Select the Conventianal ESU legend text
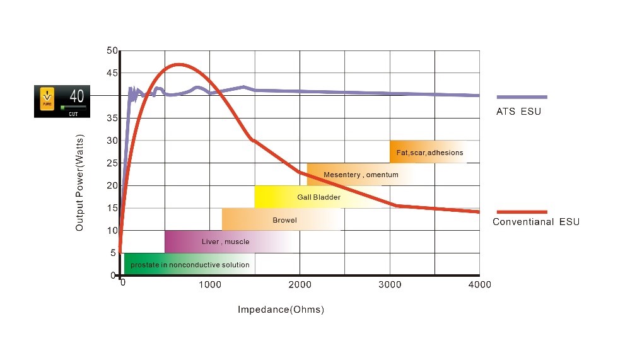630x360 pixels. coord(535,222)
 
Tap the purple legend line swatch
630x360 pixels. coord(522,97)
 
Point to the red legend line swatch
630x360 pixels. coord(522,212)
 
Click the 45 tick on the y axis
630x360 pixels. coord(112,73)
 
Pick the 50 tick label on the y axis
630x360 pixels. coord(112,50)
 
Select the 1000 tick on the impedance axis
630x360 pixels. coord(209,285)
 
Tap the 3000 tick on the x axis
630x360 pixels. coord(390,285)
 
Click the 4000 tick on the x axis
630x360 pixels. coord(479,285)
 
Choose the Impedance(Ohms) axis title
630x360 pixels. coord(281,310)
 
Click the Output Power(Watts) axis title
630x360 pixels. coord(79,181)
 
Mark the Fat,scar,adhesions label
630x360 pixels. coord(429,153)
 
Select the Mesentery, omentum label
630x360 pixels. coord(361,175)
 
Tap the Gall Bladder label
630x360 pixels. coord(318,197)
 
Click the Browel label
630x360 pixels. coord(284,220)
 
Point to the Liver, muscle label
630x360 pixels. coord(225,241)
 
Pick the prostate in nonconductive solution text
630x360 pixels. coord(190,265)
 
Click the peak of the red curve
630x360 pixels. coord(179,64)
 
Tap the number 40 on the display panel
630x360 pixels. coord(76,96)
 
